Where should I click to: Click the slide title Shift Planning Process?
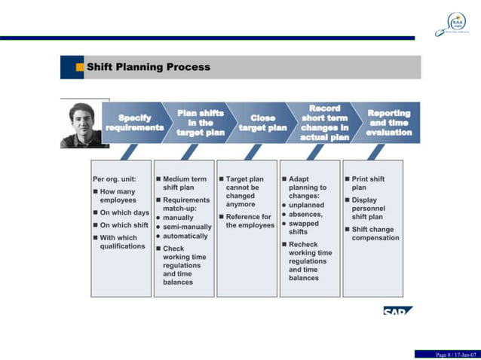[x=149, y=67]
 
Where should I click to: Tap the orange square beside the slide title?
[x=80, y=67]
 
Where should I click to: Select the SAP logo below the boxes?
[x=398, y=310]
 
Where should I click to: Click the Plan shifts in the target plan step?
[x=200, y=123]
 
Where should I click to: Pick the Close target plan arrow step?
[x=262, y=123]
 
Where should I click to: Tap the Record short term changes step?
[x=325, y=123]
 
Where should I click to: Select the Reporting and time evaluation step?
[x=388, y=123]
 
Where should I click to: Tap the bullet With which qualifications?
[x=122, y=242]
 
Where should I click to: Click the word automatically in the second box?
[x=185, y=236]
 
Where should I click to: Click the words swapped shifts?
[x=303, y=227]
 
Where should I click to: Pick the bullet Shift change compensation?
[x=375, y=233]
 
